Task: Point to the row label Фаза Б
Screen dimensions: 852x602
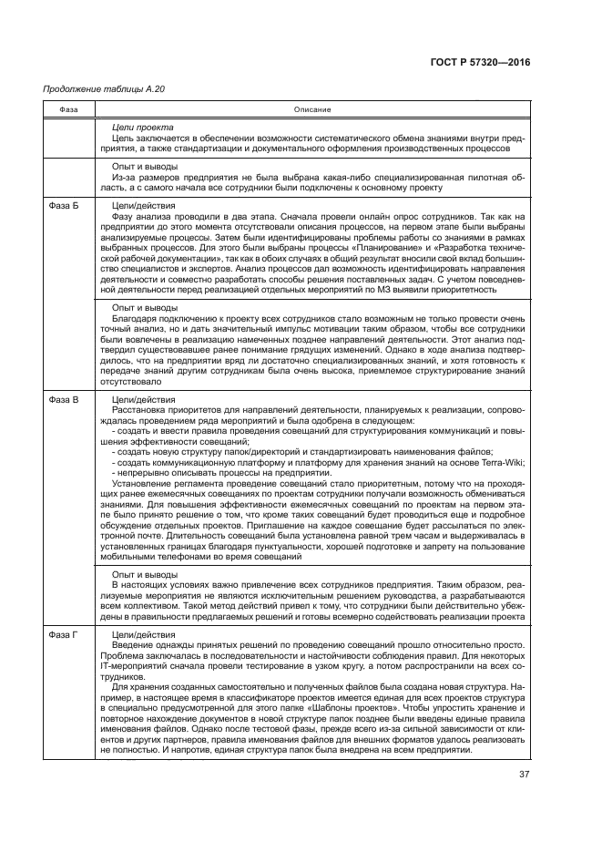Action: (63, 206)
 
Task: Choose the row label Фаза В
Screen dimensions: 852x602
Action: (63, 399)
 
